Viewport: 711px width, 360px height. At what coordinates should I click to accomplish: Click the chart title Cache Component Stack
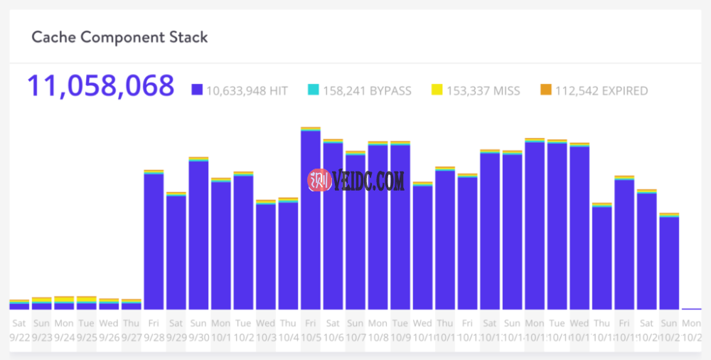tap(119, 37)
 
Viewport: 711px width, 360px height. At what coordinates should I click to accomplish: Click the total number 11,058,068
tap(100, 85)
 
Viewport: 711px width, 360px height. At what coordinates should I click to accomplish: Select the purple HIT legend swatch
tap(197, 90)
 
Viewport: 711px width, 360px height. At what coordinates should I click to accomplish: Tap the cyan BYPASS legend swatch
tap(313, 90)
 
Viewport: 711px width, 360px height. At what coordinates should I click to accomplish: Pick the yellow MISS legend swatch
tap(437, 90)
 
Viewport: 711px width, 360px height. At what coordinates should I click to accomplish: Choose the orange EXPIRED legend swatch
tap(545, 90)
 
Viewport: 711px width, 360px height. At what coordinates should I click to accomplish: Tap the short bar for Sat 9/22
tap(19, 305)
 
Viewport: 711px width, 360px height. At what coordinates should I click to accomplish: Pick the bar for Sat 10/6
tap(333, 225)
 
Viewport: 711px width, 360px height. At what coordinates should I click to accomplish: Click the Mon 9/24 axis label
tap(64, 329)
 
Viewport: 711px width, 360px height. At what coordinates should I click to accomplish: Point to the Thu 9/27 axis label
tap(132, 329)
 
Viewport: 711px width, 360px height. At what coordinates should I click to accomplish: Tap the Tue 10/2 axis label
tap(243, 329)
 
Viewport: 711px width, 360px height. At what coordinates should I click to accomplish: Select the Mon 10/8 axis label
tap(378, 329)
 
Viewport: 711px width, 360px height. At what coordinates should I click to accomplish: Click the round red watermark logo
tap(319, 181)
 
